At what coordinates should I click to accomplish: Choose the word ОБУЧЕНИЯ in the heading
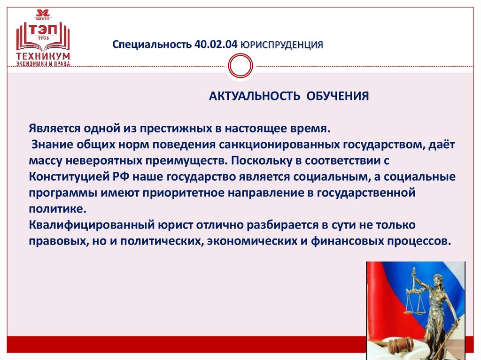[x=338, y=96]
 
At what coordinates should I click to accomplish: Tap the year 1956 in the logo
[x=43, y=38]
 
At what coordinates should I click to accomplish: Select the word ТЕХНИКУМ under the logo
[x=43, y=56]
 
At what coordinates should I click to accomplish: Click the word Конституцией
[x=65, y=177]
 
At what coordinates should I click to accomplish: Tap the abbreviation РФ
[x=116, y=177]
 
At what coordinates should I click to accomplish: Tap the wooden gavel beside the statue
[x=399, y=346]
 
